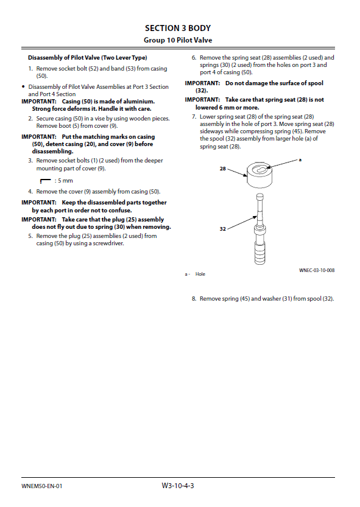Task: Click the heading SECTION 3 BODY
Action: pos(178,29)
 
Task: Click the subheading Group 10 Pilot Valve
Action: pos(178,40)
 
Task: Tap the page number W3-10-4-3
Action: pos(178,486)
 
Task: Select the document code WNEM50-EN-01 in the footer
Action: pos(42,486)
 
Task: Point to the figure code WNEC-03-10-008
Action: pos(317,270)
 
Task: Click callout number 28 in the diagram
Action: pos(223,169)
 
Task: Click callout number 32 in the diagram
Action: pos(223,229)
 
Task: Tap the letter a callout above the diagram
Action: pos(300,159)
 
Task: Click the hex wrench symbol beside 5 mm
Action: pos(45,181)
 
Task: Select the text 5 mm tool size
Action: pos(65,181)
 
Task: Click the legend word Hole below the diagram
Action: pos(200,274)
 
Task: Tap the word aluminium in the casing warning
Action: pos(139,102)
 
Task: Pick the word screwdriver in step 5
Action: pos(108,243)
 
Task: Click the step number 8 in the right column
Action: pos(194,299)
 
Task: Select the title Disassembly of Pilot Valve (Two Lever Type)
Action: pos(87,58)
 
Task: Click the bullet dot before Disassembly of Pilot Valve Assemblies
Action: pos(23,86)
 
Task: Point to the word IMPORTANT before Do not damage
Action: pos(202,83)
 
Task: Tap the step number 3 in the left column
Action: pos(30,161)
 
